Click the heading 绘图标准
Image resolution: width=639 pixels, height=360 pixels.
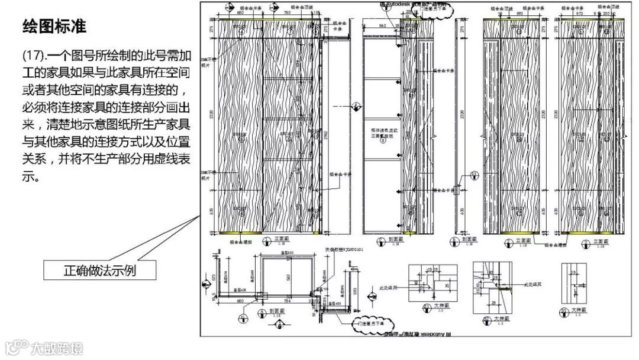(54, 27)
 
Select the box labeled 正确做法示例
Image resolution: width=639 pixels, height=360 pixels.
(100, 271)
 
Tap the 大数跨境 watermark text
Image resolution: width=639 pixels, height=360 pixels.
(57, 348)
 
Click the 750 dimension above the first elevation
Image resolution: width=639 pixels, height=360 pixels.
(286, 12)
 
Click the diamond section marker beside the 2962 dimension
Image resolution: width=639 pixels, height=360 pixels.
(356, 107)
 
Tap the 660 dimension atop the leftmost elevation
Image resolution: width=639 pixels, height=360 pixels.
(240, 12)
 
